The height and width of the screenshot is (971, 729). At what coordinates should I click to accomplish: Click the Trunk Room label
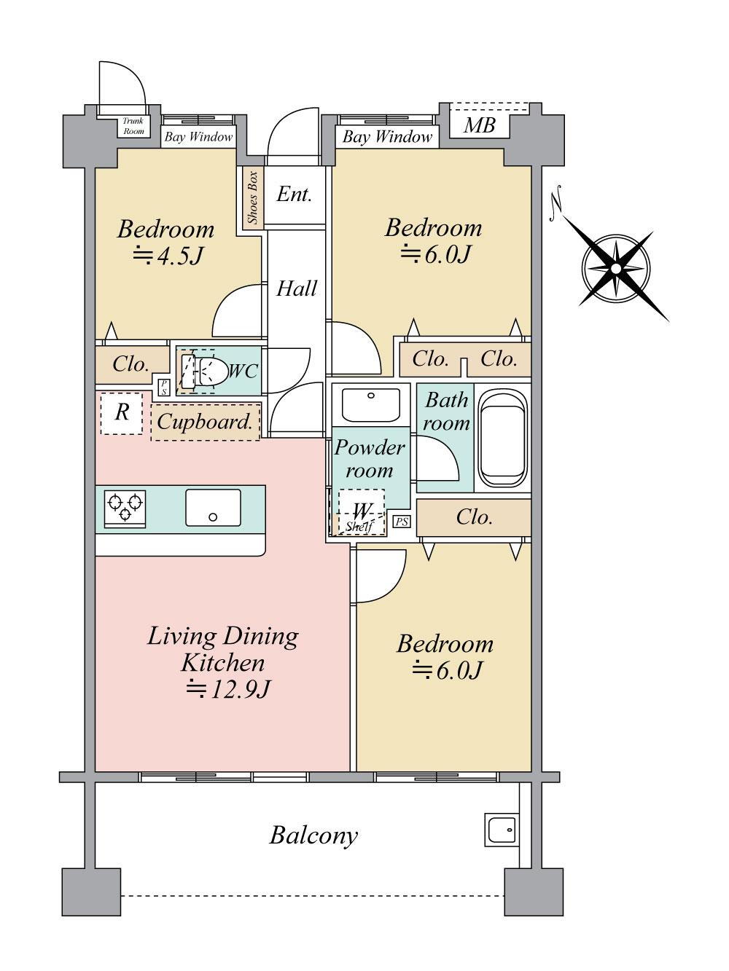click(x=133, y=126)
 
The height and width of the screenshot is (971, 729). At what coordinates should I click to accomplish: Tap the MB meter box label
click(x=479, y=125)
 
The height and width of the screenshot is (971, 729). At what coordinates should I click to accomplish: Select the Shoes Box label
click(x=252, y=197)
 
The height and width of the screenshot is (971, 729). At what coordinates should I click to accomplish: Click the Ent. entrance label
click(x=295, y=194)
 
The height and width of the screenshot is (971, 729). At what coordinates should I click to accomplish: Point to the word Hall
click(x=297, y=288)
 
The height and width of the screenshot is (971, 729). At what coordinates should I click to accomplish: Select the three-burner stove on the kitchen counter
click(x=125, y=508)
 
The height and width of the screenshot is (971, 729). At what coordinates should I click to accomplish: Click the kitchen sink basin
click(x=213, y=508)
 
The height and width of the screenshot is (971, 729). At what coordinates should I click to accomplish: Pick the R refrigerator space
click(x=121, y=413)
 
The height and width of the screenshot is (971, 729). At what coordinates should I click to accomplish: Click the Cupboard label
click(x=205, y=422)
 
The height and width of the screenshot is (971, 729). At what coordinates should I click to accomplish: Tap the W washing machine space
click(x=362, y=512)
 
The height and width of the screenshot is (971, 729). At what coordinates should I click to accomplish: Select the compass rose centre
click(x=616, y=269)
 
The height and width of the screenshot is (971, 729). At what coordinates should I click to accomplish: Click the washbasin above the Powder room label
click(x=371, y=405)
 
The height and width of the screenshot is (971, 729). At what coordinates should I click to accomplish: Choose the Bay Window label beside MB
click(x=387, y=137)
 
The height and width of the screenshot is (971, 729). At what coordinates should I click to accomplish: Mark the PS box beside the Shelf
click(x=402, y=522)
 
